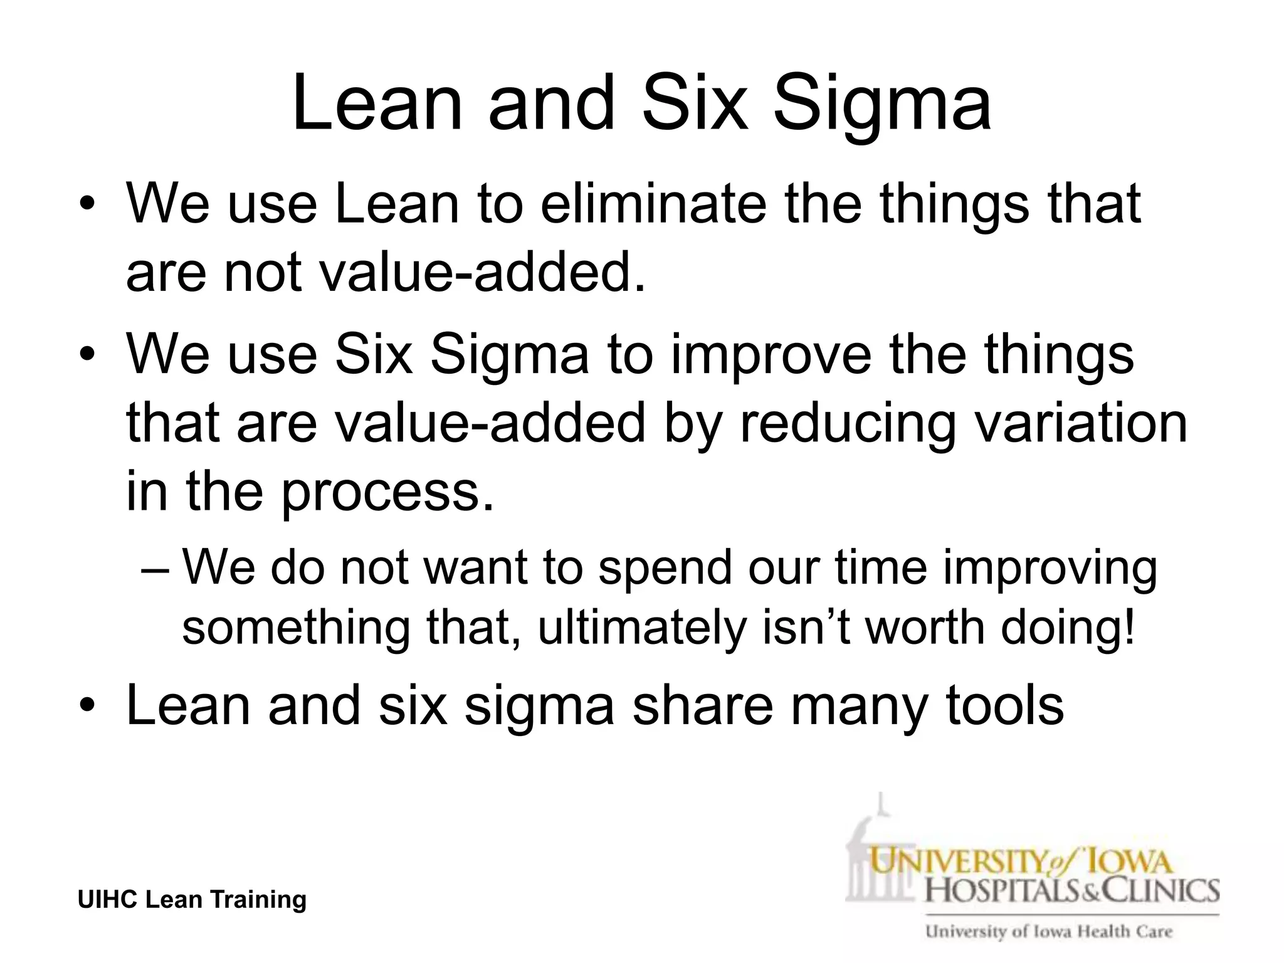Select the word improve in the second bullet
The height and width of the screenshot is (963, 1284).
click(x=771, y=354)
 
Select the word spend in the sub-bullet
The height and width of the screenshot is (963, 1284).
click(x=665, y=567)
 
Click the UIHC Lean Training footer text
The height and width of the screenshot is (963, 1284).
click(x=192, y=900)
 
